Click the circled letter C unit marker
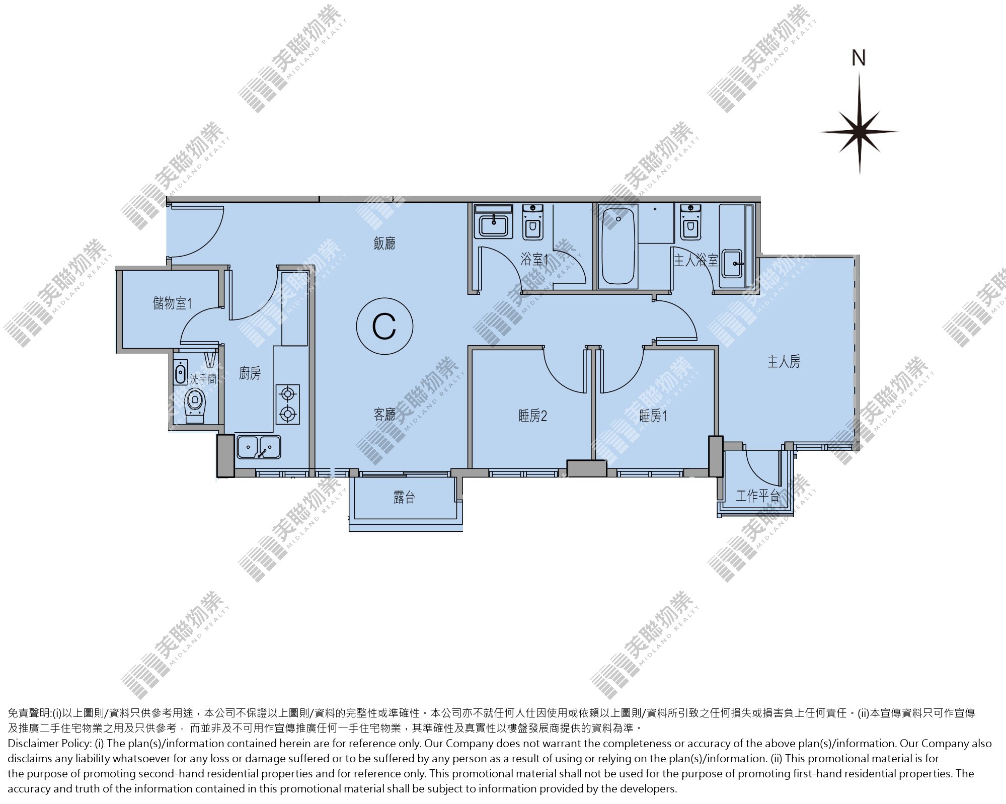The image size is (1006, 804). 384,326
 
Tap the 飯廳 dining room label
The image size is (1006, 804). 384,244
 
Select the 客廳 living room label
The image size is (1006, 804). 384,415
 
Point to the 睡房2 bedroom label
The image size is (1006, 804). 532,416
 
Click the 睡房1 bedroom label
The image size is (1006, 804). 653,416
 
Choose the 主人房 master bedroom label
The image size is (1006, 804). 784,361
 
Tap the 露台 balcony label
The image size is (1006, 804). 404,498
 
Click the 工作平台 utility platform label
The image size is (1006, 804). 757,496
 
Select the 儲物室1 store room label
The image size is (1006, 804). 172,303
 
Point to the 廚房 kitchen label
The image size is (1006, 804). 250,373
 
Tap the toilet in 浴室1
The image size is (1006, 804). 532,222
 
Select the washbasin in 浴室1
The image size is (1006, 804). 493,222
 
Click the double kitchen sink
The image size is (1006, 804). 259,447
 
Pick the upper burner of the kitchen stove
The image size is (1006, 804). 287,393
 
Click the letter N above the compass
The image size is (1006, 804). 859,58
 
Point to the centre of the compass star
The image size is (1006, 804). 860,132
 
